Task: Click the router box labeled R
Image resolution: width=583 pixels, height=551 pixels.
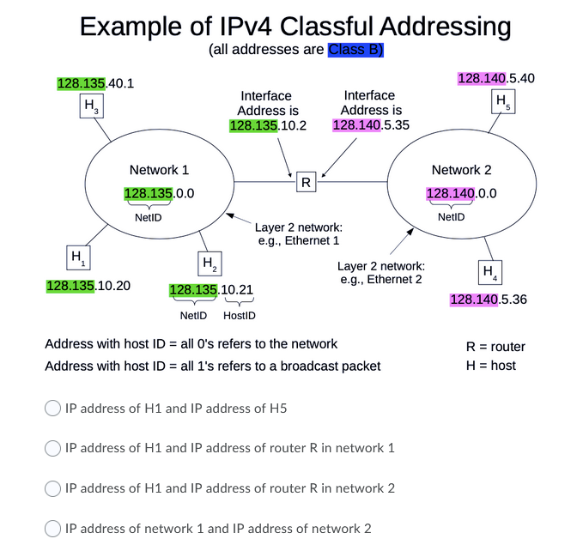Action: [x=305, y=182]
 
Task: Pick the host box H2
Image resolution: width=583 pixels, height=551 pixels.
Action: [x=208, y=262]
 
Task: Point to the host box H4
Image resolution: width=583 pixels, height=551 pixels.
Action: [x=489, y=273]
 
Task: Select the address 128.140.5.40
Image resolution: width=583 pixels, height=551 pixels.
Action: [x=496, y=79]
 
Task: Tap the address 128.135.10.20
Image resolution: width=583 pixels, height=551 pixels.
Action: [x=88, y=285]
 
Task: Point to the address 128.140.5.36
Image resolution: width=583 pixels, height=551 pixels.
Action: [x=488, y=300]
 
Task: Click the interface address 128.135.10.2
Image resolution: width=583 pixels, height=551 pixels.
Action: [x=268, y=126]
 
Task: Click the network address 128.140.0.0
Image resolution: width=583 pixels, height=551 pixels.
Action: [x=461, y=194]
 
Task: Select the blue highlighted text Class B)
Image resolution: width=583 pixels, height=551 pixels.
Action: [x=355, y=50]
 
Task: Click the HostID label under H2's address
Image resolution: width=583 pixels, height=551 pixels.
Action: [x=239, y=316]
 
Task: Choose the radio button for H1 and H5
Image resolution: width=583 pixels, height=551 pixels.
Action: [x=53, y=409]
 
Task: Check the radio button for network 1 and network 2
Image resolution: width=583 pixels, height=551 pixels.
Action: [x=53, y=528]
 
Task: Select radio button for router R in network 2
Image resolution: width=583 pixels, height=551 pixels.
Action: [x=53, y=488]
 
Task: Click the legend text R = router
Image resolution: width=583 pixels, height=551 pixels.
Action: [x=495, y=347]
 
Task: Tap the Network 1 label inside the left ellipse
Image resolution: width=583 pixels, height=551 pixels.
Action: [x=159, y=170]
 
